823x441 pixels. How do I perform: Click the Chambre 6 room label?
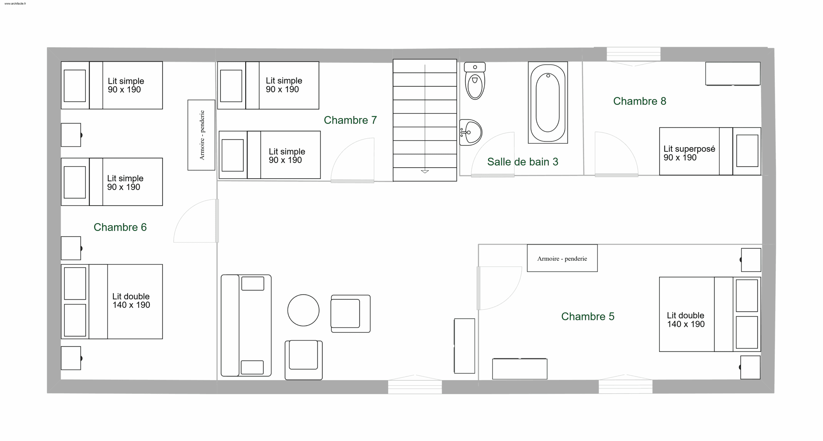click(x=120, y=227)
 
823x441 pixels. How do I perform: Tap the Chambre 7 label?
click(x=350, y=120)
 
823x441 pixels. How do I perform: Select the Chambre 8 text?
click(x=639, y=101)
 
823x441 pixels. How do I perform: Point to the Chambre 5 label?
click(x=588, y=316)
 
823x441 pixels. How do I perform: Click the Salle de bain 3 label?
click(x=523, y=162)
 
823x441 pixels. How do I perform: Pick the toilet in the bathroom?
click(x=475, y=81)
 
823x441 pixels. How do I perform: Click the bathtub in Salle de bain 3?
click(x=548, y=102)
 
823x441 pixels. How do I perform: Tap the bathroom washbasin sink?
click(x=470, y=132)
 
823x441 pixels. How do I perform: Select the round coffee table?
click(x=303, y=310)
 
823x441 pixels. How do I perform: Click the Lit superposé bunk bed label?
click(x=689, y=153)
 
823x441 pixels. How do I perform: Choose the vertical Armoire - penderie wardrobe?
click(x=201, y=135)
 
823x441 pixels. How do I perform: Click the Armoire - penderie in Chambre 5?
click(x=562, y=258)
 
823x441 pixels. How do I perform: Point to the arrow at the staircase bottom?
click(x=425, y=172)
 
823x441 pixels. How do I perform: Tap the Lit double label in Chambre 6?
click(x=131, y=301)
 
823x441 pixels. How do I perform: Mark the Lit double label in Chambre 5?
click(x=685, y=320)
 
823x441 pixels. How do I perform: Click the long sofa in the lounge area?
click(x=246, y=325)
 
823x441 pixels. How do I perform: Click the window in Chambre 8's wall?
click(x=633, y=54)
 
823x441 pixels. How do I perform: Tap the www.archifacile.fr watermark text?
click(x=15, y=4)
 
